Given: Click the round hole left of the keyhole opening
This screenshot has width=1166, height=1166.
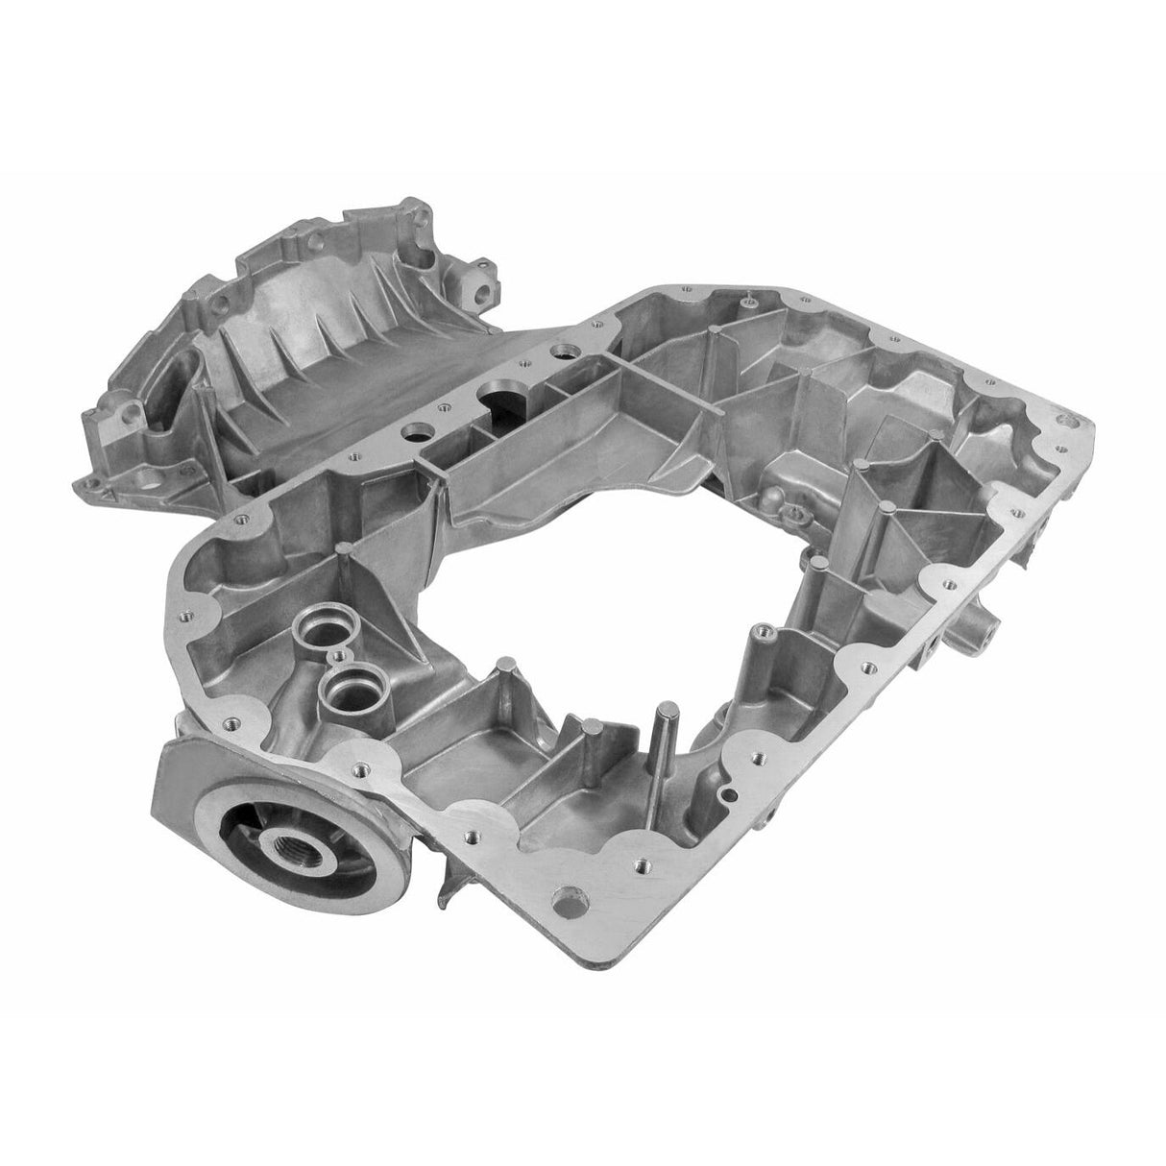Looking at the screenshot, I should click(x=419, y=429).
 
